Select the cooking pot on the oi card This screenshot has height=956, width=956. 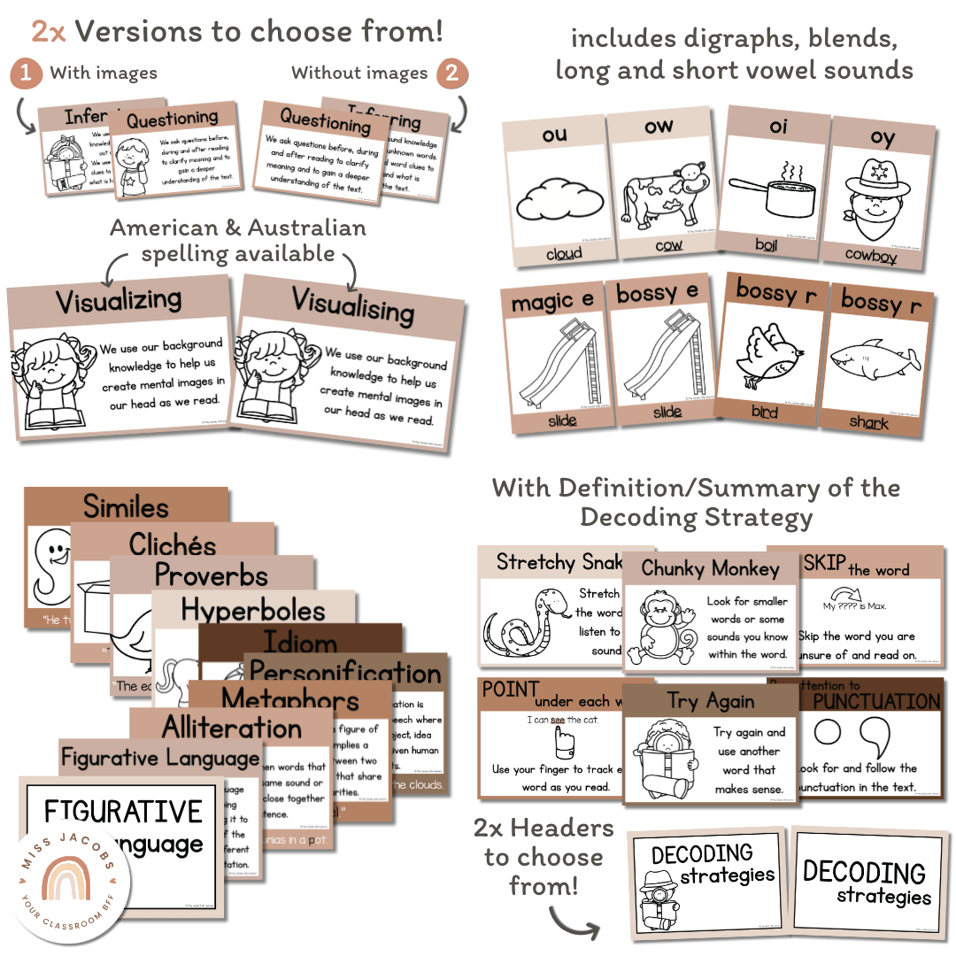767,187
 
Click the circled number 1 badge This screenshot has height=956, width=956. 26,73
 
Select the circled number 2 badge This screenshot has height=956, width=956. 451,73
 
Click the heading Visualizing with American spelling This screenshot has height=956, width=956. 119,301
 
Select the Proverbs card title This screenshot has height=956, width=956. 211,575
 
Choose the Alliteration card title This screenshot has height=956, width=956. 232,728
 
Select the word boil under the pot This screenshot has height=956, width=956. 766,244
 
